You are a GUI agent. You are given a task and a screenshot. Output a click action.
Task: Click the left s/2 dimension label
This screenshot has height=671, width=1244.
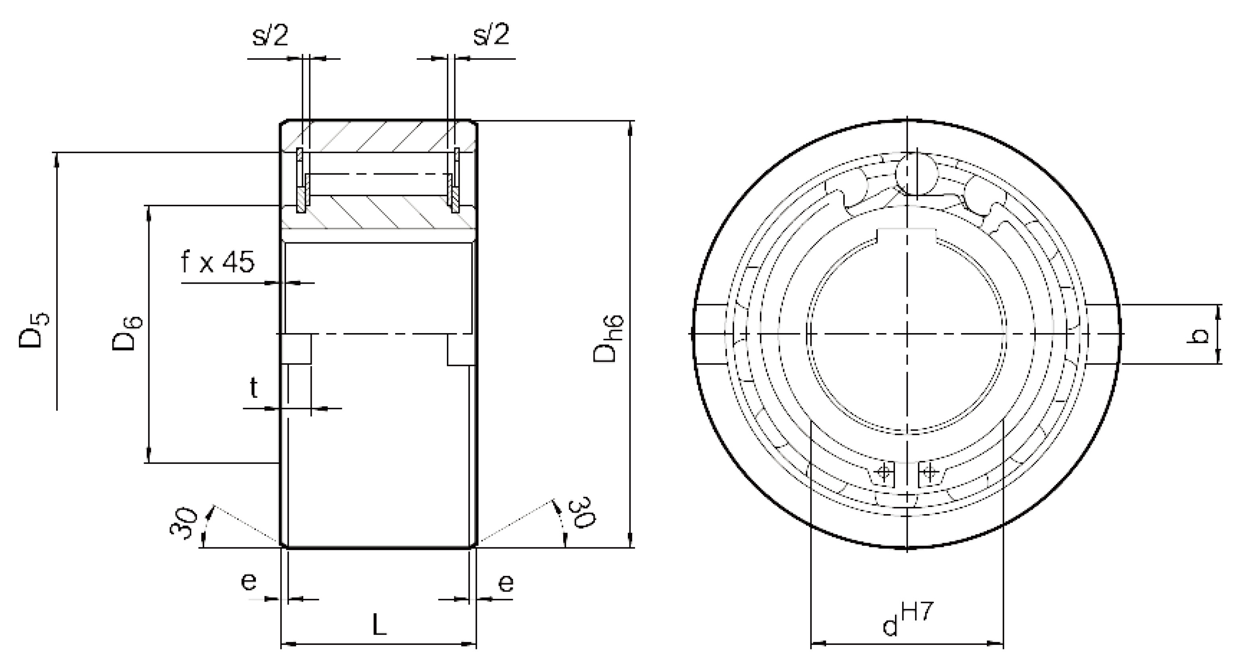270,35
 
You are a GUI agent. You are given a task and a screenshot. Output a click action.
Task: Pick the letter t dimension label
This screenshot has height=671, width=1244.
254,387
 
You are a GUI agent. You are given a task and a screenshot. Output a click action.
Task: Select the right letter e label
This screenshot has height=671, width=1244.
505,584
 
